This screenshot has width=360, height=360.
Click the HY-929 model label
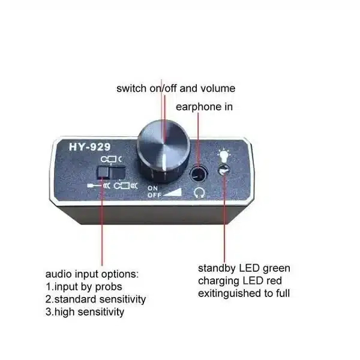90,147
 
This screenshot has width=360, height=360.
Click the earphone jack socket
199,173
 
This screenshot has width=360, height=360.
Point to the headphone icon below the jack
199,192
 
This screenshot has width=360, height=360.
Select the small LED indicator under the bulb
224,170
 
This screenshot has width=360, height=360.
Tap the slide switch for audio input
111,173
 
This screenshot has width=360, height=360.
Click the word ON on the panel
152,188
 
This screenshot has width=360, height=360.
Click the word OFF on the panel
154,196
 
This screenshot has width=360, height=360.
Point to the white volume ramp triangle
173,193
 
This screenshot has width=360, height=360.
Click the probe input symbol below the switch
99,185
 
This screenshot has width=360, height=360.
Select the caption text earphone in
204,107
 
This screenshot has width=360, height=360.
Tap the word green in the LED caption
276,269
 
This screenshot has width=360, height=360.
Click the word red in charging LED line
274,281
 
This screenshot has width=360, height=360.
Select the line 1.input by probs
84,287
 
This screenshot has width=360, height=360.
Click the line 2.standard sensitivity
95,299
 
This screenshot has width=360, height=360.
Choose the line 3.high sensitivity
85,312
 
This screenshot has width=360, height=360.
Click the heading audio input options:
92,275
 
